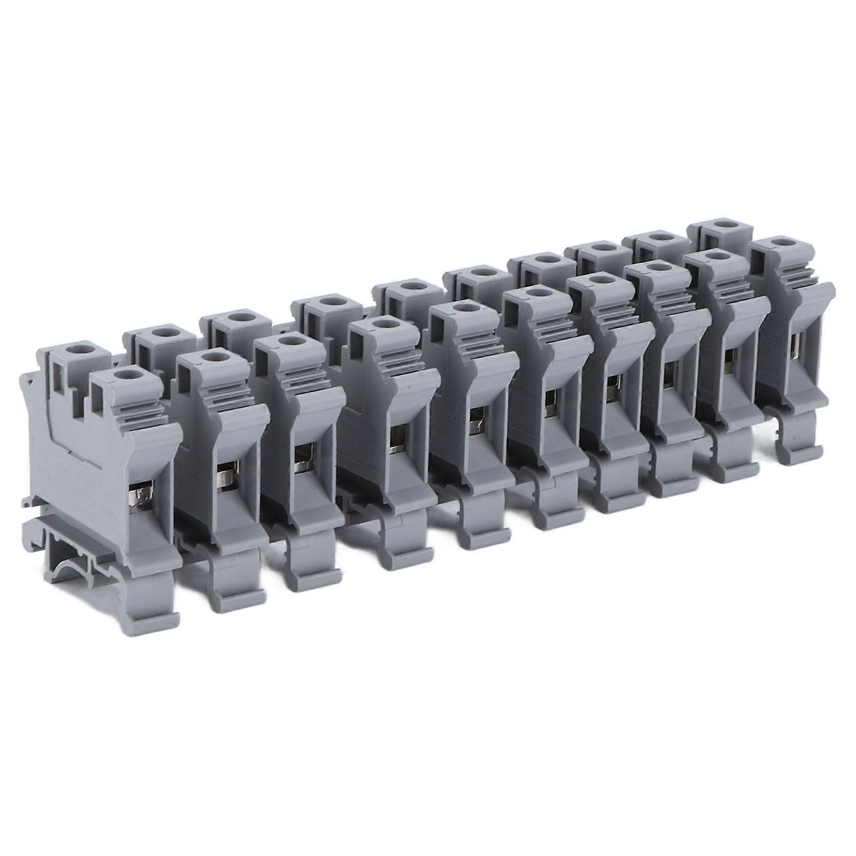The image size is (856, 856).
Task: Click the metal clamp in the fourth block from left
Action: (x=397, y=437)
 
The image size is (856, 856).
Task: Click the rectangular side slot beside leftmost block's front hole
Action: (x=98, y=398)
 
